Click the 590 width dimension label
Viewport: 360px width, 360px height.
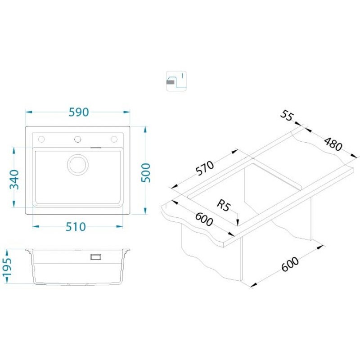(x=79, y=112)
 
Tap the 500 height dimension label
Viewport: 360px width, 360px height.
(x=145, y=173)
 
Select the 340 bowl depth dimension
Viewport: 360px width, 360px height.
(x=14, y=179)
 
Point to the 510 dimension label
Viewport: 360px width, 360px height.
(x=76, y=227)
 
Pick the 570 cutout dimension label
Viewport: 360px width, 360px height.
(x=205, y=168)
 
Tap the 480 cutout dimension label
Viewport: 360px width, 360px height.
(x=333, y=144)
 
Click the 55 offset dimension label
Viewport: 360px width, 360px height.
(x=287, y=116)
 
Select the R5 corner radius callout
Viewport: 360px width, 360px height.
(x=223, y=205)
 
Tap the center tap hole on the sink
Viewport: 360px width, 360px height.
(x=77, y=139)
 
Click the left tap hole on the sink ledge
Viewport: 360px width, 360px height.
(x=41, y=139)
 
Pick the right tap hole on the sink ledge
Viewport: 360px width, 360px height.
(x=114, y=139)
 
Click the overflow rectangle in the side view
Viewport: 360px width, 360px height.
(x=96, y=257)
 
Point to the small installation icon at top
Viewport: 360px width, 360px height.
(x=176, y=81)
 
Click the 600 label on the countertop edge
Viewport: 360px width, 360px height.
(x=204, y=219)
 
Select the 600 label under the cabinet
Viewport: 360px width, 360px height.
(x=290, y=264)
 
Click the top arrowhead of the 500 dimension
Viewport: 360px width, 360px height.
(x=145, y=129)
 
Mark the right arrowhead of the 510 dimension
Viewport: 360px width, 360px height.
(x=119, y=227)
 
